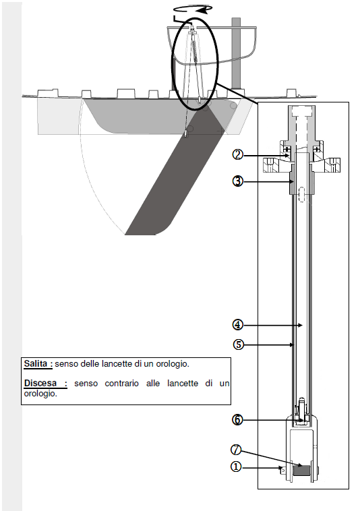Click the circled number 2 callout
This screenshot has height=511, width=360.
coord(237,154)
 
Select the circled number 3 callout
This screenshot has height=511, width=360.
coord(237,181)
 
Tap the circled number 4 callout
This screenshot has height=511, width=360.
coord(238,324)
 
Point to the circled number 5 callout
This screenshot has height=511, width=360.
coord(239,344)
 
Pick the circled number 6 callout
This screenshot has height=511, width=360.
coord(237,420)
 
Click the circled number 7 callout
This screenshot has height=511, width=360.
coord(236,450)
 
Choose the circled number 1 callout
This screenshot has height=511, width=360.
coord(236,467)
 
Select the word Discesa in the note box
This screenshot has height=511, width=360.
coord(40,383)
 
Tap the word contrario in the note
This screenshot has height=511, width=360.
coord(121,384)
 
